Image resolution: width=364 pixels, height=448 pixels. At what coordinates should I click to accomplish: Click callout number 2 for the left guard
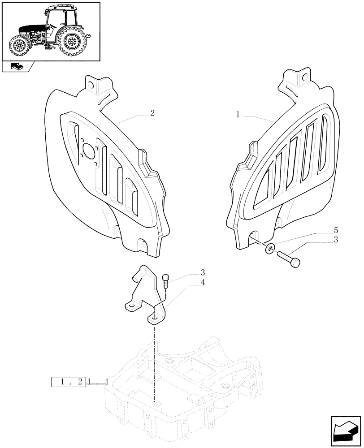(x=152, y=113)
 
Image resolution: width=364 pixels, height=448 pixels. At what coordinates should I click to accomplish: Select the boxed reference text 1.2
(x=68, y=382)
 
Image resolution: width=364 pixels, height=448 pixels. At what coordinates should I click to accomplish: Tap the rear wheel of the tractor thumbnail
(x=71, y=42)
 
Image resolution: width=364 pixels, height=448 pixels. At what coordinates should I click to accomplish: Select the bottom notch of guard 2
(x=143, y=245)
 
